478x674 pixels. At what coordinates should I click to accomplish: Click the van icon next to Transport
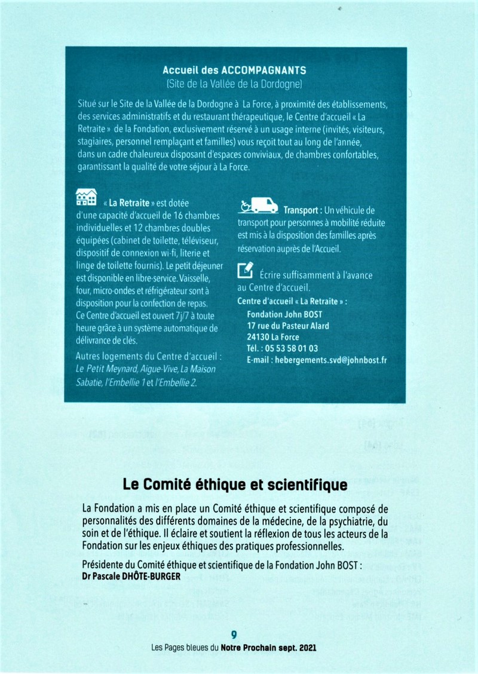click(x=258, y=205)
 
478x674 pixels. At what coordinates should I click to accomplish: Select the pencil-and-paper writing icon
click(x=245, y=270)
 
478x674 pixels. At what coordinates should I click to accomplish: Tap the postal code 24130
click(x=259, y=337)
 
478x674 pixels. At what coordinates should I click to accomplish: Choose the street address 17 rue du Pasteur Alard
click(x=287, y=326)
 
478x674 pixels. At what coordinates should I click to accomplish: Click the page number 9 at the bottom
click(x=234, y=635)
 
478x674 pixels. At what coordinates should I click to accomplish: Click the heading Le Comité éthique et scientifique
click(x=235, y=484)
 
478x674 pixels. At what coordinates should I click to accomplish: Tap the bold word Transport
click(x=302, y=210)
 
